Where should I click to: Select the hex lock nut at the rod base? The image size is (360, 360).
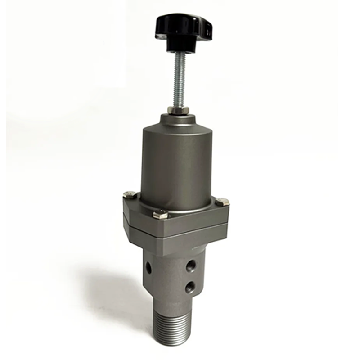pos(176,110)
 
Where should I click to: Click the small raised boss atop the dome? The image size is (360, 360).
pos(178,118)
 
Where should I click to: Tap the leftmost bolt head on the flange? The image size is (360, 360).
pos(130,195)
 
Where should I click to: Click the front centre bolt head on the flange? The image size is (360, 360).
pos(160,215)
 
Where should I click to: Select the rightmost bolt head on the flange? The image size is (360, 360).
pos(222,202)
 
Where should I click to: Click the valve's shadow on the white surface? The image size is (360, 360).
pos(108,288)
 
